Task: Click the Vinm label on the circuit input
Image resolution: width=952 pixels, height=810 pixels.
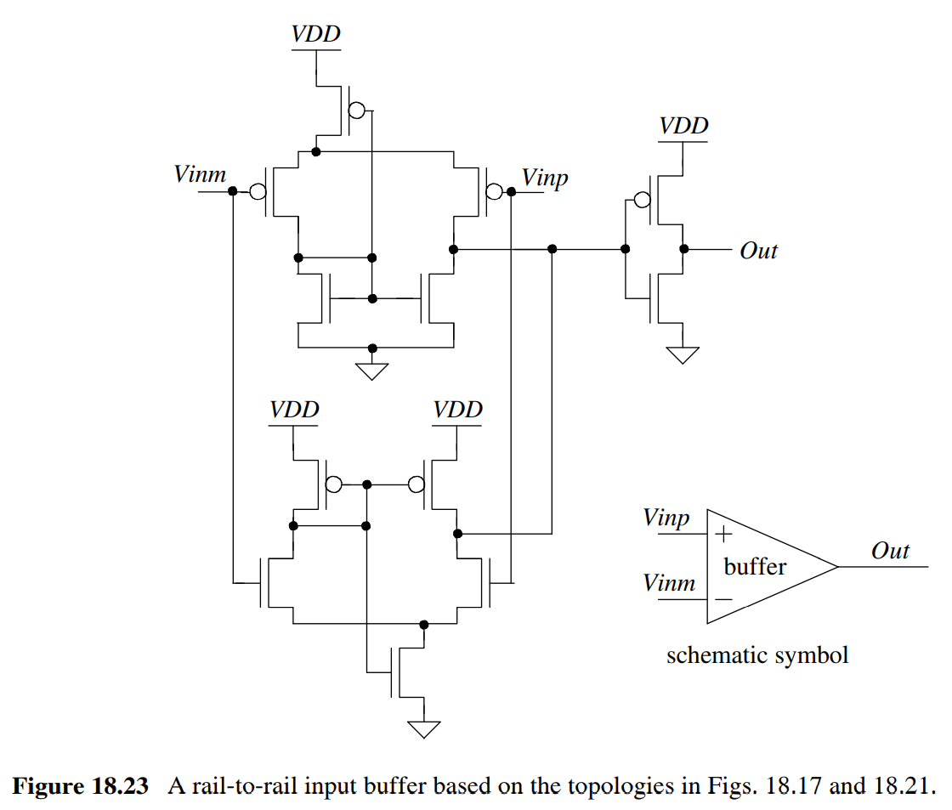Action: [200, 175]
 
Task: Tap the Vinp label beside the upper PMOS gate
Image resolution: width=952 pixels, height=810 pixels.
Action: [545, 178]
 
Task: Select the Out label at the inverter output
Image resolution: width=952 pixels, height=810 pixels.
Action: [758, 251]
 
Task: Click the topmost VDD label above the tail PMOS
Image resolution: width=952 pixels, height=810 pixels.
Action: [315, 35]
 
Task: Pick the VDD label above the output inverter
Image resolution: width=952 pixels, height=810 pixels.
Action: [683, 127]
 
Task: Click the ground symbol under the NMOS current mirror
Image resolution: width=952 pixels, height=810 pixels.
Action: [371, 371]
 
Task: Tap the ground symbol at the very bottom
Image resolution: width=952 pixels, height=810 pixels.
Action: [423, 728]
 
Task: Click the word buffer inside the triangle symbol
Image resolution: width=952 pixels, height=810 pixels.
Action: [755, 566]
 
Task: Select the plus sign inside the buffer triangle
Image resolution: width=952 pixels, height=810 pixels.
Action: [723, 535]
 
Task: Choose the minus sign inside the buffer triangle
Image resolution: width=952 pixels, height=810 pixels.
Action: [723, 598]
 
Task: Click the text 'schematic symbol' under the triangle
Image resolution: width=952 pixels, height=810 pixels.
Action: [756, 655]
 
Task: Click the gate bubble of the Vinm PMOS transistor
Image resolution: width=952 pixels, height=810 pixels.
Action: [258, 193]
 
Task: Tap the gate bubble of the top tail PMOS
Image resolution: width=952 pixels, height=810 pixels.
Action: [358, 111]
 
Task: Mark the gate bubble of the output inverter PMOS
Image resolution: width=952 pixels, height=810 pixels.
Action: [643, 201]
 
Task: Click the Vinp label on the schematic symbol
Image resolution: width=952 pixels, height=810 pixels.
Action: [666, 518]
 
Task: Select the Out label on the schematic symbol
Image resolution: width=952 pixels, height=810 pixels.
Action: [890, 551]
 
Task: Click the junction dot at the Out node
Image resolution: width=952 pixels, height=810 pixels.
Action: [684, 250]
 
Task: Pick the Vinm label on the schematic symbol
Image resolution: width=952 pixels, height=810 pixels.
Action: [669, 583]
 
